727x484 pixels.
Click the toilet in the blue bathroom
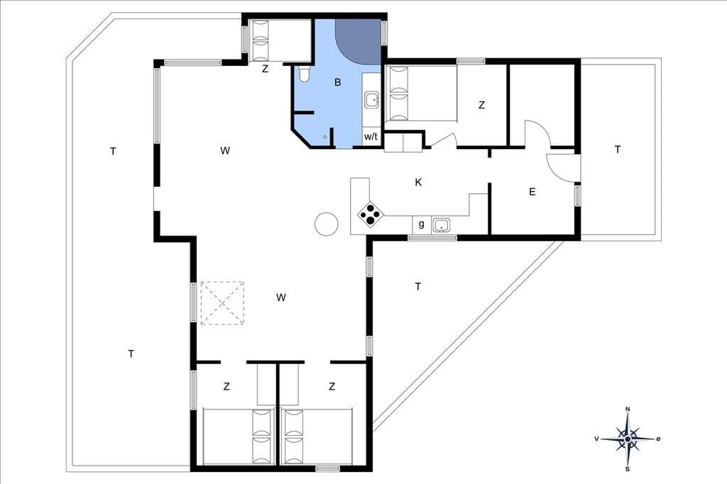tap(304, 75)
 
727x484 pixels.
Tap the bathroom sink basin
tap(371, 99)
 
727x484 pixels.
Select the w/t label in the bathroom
tap(371, 137)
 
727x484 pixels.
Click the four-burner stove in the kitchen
tap(371, 214)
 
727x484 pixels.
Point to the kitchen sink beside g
tap(441, 225)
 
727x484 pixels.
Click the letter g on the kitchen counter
tap(422, 224)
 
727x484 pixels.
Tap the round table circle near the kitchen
tap(327, 224)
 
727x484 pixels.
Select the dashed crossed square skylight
tap(222, 303)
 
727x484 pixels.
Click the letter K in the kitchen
tap(418, 182)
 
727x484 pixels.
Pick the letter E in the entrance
tap(532, 192)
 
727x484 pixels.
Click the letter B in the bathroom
tap(338, 82)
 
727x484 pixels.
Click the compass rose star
tap(628, 439)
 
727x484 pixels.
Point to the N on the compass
tap(628, 409)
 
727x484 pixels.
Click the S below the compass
tap(628, 469)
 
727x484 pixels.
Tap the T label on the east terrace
tap(618, 150)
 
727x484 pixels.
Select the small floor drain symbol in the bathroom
tap(325, 137)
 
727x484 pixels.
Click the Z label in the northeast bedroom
tap(482, 105)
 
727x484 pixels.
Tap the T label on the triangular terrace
tap(418, 287)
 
